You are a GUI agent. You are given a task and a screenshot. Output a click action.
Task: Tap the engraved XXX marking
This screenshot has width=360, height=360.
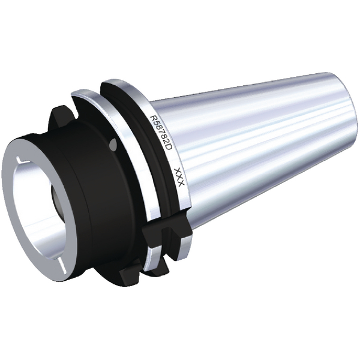pos(178,178)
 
